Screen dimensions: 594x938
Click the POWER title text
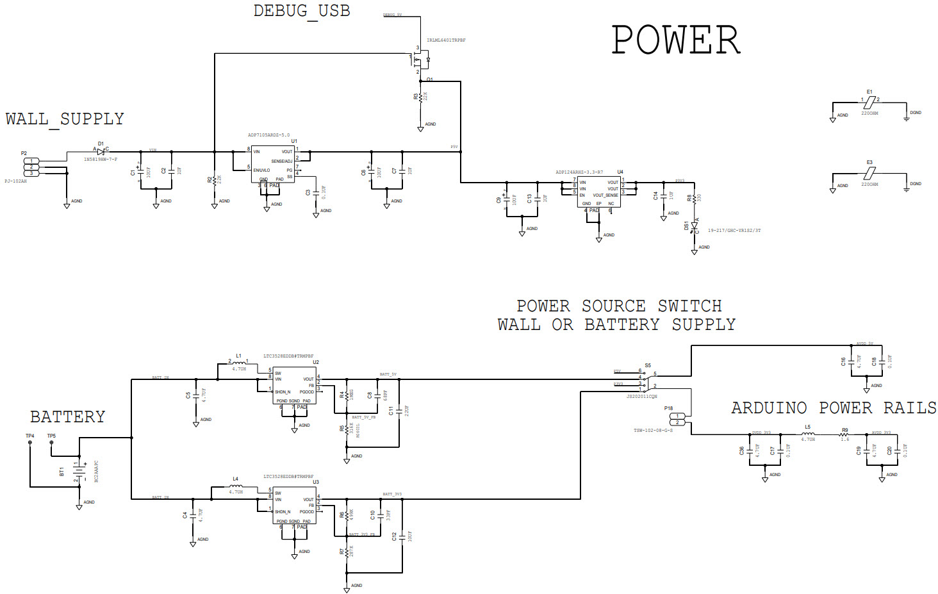[x=675, y=40]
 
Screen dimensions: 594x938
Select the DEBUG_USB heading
[x=301, y=11]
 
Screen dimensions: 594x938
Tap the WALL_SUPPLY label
[x=65, y=119]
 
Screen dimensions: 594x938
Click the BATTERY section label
[x=67, y=417]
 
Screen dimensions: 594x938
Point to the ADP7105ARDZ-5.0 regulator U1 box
[x=273, y=164]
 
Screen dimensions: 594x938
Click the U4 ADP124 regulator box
[x=598, y=192]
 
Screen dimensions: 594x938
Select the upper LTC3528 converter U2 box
[x=294, y=385]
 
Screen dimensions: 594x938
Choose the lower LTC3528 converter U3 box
[x=294, y=506]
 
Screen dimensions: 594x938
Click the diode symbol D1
[x=101, y=152]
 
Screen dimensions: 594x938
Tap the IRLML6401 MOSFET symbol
[x=420, y=61]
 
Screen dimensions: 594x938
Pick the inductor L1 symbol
[x=238, y=363]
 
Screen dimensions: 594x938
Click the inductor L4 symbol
[x=235, y=486]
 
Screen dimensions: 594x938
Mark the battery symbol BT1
[x=79, y=472]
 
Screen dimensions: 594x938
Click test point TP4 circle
[x=30, y=443]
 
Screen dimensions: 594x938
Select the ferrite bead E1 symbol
[x=869, y=102]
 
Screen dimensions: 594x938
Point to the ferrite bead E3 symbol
[x=869, y=173]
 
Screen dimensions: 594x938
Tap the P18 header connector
[x=677, y=419]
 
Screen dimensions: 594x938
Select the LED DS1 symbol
[x=694, y=226]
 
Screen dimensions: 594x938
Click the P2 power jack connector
[x=31, y=167]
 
